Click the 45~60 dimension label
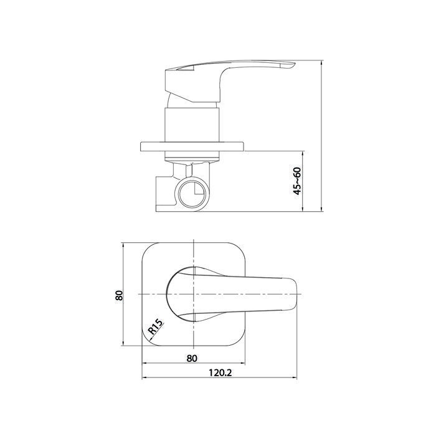(298, 181)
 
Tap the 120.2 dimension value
(220, 372)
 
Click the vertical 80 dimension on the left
(120, 295)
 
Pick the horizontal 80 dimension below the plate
(192, 358)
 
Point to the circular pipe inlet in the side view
(192, 193)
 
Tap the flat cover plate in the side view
(192, 146)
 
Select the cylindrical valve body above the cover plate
(192, 125)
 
